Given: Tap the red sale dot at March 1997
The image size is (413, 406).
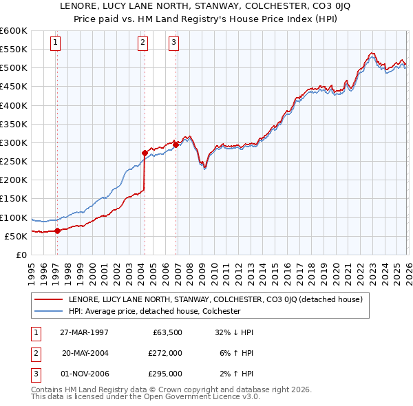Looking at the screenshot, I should pyautogui.click(x=58, y=231).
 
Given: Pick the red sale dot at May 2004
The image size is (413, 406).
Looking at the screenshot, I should pyautogui.click(x=145, y=153).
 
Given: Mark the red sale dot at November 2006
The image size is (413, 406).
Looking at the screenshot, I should pyautogui.click(x=176, y=145).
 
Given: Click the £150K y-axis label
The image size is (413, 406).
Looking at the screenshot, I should pyautogui.click(x=13, y=198).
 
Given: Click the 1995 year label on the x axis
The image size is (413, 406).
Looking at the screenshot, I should pyautogui.click(x=32, y=269).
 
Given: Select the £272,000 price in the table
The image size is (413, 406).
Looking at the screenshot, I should pyautogui.click(x=165, y=352).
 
